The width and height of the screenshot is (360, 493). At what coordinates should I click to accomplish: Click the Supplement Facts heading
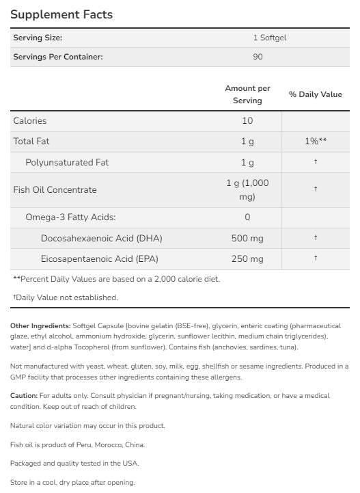click(x=62, y=14)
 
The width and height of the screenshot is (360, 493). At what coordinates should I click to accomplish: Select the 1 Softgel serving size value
click(x=258, y=38)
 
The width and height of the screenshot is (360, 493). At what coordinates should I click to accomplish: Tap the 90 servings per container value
click(x=258, y=57)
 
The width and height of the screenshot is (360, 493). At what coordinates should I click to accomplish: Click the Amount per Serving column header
click(x=247, y=94)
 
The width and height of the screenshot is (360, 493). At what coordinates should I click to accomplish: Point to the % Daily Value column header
click(x=315, y=94)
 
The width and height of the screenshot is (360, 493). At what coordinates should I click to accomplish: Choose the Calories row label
click(x=30, y=121)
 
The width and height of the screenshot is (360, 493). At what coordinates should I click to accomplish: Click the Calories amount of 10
click(x=247, y=121)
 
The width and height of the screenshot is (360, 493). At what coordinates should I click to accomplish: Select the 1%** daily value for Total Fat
click(x=315, y=142)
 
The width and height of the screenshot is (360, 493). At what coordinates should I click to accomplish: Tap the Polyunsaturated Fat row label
click(x=67, y=163)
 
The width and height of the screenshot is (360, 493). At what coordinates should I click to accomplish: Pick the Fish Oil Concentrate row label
click(x=55, y=190)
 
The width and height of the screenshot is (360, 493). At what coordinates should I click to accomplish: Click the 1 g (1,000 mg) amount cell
click(x=247, y=190)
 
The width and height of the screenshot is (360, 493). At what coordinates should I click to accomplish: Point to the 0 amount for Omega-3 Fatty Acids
click(x=247, y=217)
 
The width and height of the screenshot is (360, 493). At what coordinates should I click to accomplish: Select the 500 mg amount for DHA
click(x=247, y=238)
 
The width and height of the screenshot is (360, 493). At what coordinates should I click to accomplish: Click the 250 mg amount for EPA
click(x=247, y=259)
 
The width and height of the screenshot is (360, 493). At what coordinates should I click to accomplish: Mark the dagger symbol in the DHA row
click(x=315, y=238)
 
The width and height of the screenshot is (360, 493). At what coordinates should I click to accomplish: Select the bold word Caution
click(x=24, y=396)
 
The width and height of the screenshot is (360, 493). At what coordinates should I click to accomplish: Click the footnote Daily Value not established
click(x=66, y=297)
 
